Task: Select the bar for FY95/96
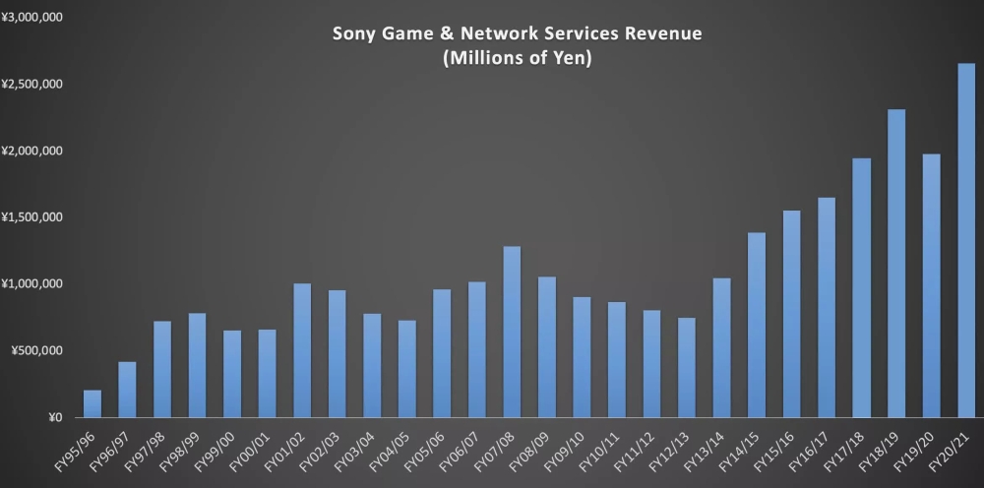[x=92, y=403]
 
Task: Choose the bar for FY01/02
[x=302, y=350]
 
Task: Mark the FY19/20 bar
[x=931, y=285]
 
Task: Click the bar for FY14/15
[x=756, y=325]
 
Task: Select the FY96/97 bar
[x=127, y=390]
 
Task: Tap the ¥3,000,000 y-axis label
[x=32, y=18]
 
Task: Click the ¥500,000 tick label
[x=36, y=351]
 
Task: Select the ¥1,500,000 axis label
[x=32, y=217]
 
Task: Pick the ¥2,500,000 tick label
[x=32, y=85]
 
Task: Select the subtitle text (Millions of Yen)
[x=517, y=58]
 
